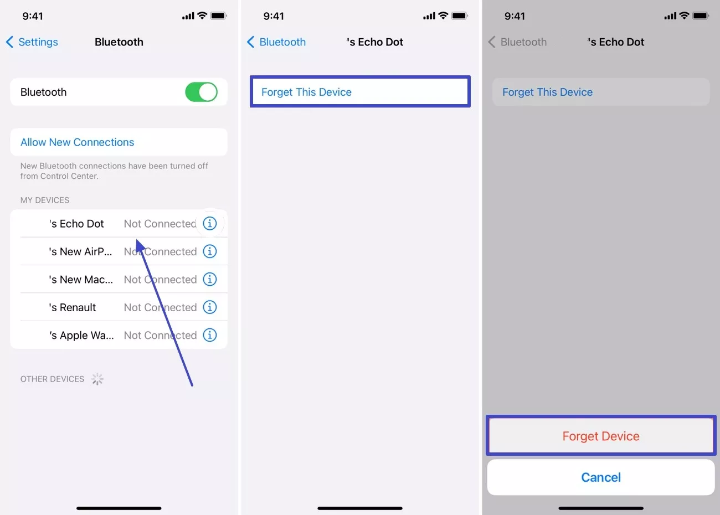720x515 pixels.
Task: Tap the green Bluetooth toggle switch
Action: [201, 92]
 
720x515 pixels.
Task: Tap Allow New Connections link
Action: [77, 142]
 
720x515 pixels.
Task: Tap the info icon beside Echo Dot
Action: [210, 224]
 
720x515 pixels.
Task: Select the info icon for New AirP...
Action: [210, 251]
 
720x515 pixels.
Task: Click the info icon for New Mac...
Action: [210, 279]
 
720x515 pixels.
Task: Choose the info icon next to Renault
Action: [210, 307]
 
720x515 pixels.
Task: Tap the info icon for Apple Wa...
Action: [210, 335]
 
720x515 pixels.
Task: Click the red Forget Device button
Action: [601, 436]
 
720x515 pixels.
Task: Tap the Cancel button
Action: [601, 477]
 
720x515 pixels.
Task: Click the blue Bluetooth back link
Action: [276, 42]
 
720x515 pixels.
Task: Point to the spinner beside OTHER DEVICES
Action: [97, 379]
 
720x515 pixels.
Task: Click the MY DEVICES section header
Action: [45, 200]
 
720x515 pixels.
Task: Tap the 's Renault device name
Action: [73, 307]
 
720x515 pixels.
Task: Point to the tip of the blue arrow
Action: [137, 240]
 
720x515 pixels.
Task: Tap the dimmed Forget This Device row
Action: [600, 92]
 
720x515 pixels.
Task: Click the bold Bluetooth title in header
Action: [119, 42]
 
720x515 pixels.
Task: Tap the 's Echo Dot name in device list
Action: [76, 224]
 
